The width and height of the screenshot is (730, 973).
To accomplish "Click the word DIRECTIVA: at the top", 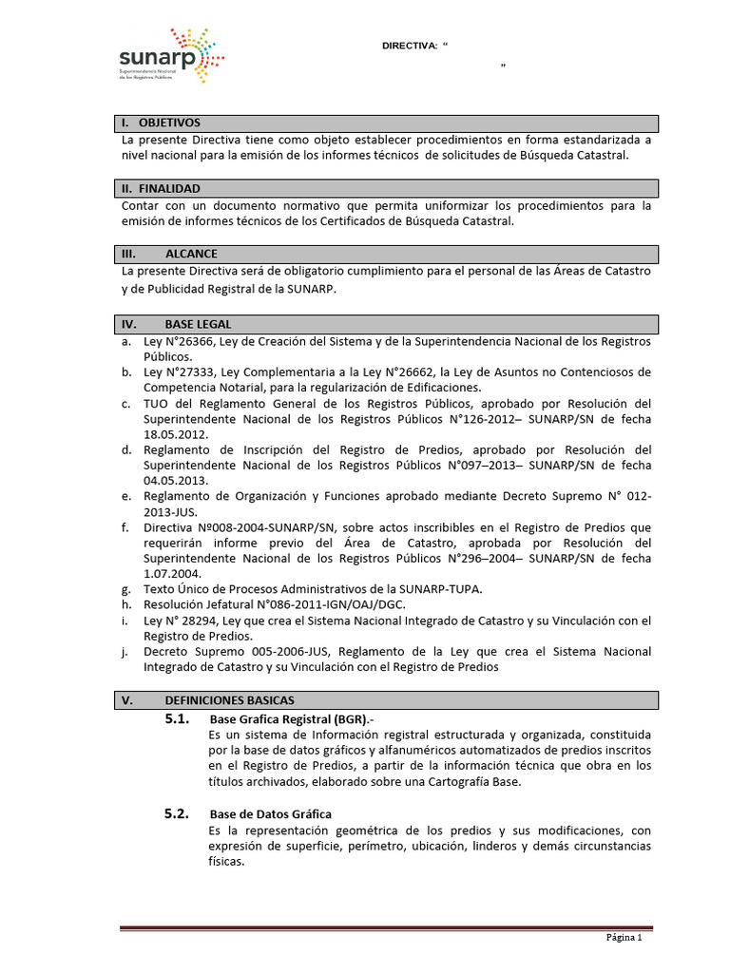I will (409, 46).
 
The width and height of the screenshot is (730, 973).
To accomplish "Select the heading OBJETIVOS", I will (169, 124).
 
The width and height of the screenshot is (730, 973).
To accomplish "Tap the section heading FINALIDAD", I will (168, 189).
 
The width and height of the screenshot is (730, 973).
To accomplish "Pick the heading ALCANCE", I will (191, 255).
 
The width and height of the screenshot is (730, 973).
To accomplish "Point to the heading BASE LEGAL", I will (198, 324).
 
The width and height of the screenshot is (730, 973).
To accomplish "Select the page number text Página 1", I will (625, 938).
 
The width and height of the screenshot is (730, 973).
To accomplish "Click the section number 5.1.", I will (178, 718).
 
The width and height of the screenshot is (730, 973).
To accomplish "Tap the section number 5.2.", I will (178, 814).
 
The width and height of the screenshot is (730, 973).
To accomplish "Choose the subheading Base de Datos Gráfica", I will (270, 815).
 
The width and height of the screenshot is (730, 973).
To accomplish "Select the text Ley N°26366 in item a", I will (180, 341).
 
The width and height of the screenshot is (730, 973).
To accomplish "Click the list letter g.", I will (126, 589).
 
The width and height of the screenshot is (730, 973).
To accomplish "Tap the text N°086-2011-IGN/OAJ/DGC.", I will (308, 605).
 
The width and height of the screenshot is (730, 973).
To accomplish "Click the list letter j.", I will (126, 652).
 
